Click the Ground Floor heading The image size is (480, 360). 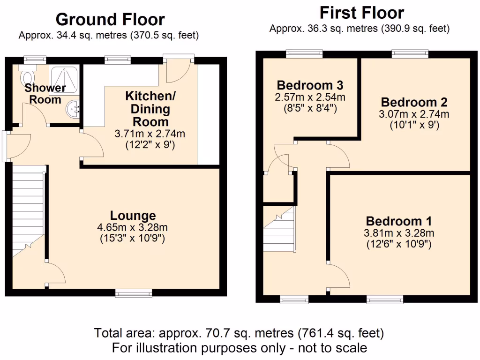(x=110, y=20)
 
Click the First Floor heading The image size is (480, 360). (x=361, y=12)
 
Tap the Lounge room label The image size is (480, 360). (x=133, y=216)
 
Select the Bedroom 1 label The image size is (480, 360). (x=399, y=221)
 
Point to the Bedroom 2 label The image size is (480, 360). (x=414, y=102)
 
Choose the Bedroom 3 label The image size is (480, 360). (x=310, y=85)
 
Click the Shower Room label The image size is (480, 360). (x=45, y=93)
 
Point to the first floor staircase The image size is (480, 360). (x=279, y=230)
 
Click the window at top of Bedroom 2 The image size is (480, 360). (x=410, y=54)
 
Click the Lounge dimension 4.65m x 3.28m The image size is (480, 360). (x=133, y=227)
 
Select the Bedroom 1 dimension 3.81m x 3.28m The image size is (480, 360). (x=399, y=233)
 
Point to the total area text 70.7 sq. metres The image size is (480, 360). (x=239, y=333)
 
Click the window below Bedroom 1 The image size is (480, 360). (x=385, y=299)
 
